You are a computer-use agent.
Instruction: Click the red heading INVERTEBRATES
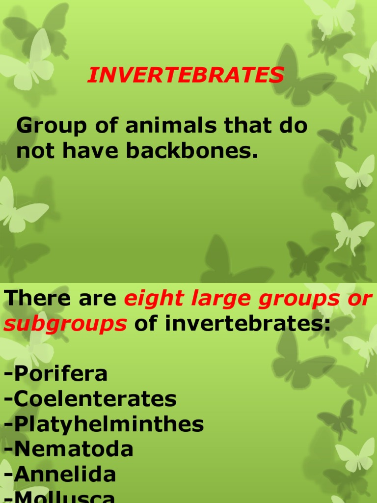[x=186, y=75]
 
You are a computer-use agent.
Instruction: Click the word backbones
[x=192, y=152]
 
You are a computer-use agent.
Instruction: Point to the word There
[x=34, y=298]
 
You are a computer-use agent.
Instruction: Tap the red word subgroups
[x=65, y=324]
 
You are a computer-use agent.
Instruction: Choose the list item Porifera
[x=56, y=374]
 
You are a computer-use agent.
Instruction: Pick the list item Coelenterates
[x=90, y=399]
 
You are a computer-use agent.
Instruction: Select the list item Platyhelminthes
[x=104, y=424]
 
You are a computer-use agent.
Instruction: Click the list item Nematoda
[x=69, y=449]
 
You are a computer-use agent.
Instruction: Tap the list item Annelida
[x=60, y=475]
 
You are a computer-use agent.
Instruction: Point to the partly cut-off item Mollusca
[x=60, y=497]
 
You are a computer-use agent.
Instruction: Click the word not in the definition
[x=31, y=152]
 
